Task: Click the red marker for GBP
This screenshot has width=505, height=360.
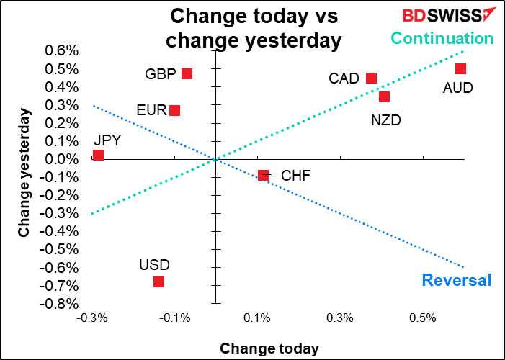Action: click(187, 73)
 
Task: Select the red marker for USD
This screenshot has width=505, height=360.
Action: click(158, 282)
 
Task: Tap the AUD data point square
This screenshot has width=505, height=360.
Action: click(460, 68)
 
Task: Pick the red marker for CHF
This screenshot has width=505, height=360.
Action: click(263, 175)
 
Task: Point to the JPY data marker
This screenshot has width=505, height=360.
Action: click(98, 155)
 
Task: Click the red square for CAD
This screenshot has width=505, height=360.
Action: click(371, 78)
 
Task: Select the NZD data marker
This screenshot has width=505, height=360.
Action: click(384, 96)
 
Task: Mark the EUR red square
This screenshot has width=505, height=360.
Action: click(174, 110)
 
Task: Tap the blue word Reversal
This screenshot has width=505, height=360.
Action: click(456, 280)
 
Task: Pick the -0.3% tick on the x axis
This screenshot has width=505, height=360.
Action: click(91, 318)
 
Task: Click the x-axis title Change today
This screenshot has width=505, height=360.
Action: click(269, 348)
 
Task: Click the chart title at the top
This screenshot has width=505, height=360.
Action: click(253, 27)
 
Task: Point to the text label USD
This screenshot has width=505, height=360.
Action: click(154, 265)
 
